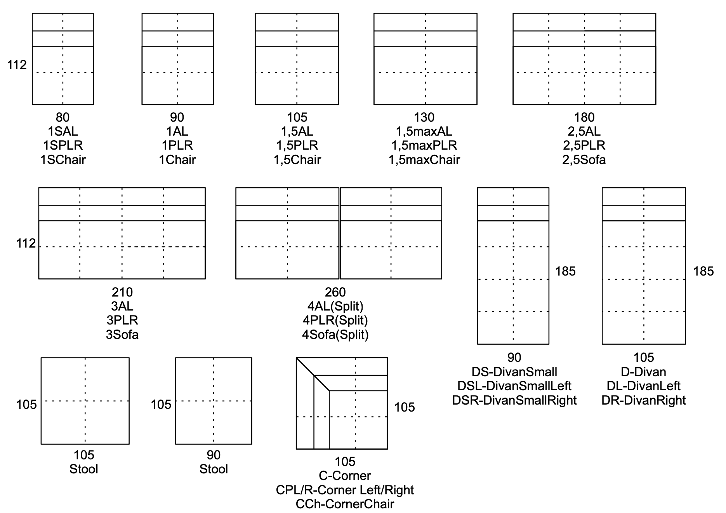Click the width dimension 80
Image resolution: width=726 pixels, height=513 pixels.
[63, 117]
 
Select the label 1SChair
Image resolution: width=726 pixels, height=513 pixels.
[63, 160]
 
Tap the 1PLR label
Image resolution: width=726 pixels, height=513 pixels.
[177, 145]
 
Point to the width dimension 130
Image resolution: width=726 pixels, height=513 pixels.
[424, 117]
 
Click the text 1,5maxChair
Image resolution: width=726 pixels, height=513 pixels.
[424, 160]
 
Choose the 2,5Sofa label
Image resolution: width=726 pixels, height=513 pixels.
[584, 160]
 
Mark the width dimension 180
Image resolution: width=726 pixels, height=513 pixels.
[584, 117]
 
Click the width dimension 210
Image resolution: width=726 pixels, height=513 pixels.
[122, 292]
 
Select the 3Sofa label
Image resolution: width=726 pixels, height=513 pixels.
[122, 335]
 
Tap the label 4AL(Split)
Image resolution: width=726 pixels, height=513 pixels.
[335, 306]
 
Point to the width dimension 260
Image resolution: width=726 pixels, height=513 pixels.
[335, 292]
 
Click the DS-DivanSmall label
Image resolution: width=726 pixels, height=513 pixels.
[514, 372]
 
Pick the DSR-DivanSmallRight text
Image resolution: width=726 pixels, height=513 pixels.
[514, 400]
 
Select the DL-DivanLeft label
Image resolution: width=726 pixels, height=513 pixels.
[644, 386]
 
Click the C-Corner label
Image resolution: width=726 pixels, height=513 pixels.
[345, 476]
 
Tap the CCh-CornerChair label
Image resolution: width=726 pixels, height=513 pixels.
[345, 504]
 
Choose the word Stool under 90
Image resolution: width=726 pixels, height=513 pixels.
[214, 469]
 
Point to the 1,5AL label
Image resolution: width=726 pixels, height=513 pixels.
[297, 131]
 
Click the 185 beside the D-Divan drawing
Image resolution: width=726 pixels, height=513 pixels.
[703, 271]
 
